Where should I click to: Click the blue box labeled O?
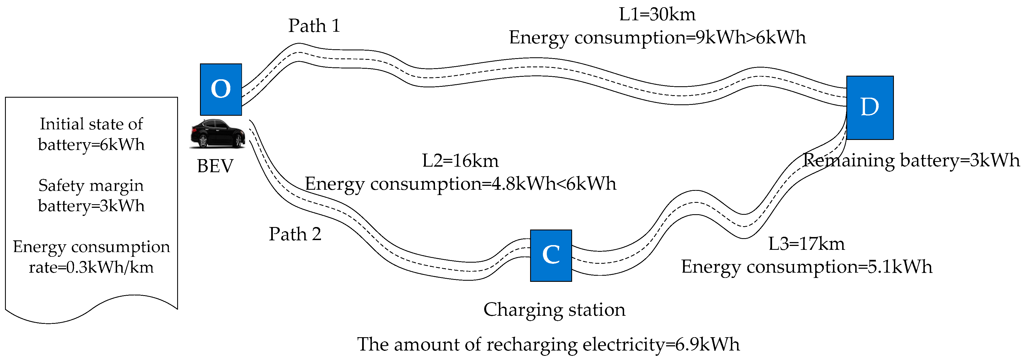point(221,89)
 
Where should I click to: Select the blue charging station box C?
point(551,255)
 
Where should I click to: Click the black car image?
point(217,134)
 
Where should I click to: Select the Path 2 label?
point(295,234)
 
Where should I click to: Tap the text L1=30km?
point(657,15)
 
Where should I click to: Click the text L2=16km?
point(460,161)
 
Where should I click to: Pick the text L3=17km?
point(806,244)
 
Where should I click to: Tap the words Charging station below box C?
point(554,309)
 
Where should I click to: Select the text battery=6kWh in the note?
point(91,145)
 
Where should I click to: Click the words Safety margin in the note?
point(91,185)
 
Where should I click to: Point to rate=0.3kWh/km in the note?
point(91,267)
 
